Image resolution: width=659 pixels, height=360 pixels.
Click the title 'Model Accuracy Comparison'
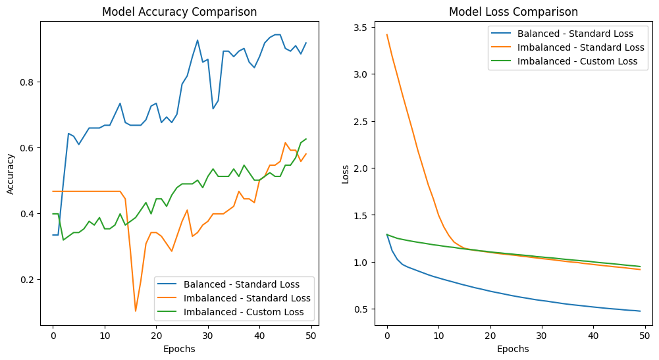(179, 12)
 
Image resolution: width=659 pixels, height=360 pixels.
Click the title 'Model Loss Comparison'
(513, 12)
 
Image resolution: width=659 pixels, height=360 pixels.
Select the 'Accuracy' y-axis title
(11, 174)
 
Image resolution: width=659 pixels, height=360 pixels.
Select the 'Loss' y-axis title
(345, 174)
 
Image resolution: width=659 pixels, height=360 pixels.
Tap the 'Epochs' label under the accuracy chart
(179, 349)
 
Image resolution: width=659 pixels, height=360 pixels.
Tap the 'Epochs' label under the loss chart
(513, 349)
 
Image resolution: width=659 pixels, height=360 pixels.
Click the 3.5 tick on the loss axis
(359, 28)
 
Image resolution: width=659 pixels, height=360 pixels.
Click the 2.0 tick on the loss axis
(359, 168)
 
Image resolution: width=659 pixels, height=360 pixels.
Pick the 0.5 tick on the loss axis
(359, 309)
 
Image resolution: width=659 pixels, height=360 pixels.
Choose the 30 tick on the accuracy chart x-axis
(208, 336)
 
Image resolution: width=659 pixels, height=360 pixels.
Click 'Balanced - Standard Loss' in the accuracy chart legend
(242, 285)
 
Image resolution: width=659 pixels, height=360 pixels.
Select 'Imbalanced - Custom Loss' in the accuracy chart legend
(241, 311)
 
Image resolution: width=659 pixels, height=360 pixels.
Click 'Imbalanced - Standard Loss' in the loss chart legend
(581, 47)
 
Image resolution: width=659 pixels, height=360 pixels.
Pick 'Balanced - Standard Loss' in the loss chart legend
(575, 34)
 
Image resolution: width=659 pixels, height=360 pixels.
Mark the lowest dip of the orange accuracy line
(136, 311)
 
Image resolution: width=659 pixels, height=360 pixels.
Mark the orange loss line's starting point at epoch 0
(387, 35)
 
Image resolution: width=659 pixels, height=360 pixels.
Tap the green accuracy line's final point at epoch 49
(306, 139)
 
